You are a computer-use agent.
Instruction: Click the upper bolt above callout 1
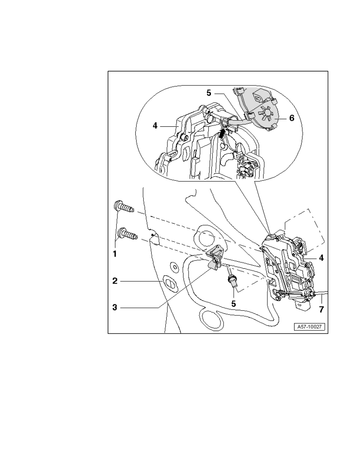[x=124, y=207]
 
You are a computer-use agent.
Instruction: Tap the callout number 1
[x=115, y=254]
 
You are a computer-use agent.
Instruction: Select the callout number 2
[x=115, y=280]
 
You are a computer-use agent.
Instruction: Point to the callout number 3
[x=115, y=307]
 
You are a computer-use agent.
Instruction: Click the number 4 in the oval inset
[x=155, y=126]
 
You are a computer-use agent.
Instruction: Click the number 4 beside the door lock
[x=321, y=258]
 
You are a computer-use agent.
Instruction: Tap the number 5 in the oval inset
[x=209, y=93]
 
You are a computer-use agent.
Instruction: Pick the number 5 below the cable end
[x=233, y=304]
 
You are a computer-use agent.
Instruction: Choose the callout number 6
[x=292, y=118]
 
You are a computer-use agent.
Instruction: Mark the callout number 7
[x=321, y=309]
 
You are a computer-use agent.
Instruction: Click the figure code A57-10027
[x=309, y=327]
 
